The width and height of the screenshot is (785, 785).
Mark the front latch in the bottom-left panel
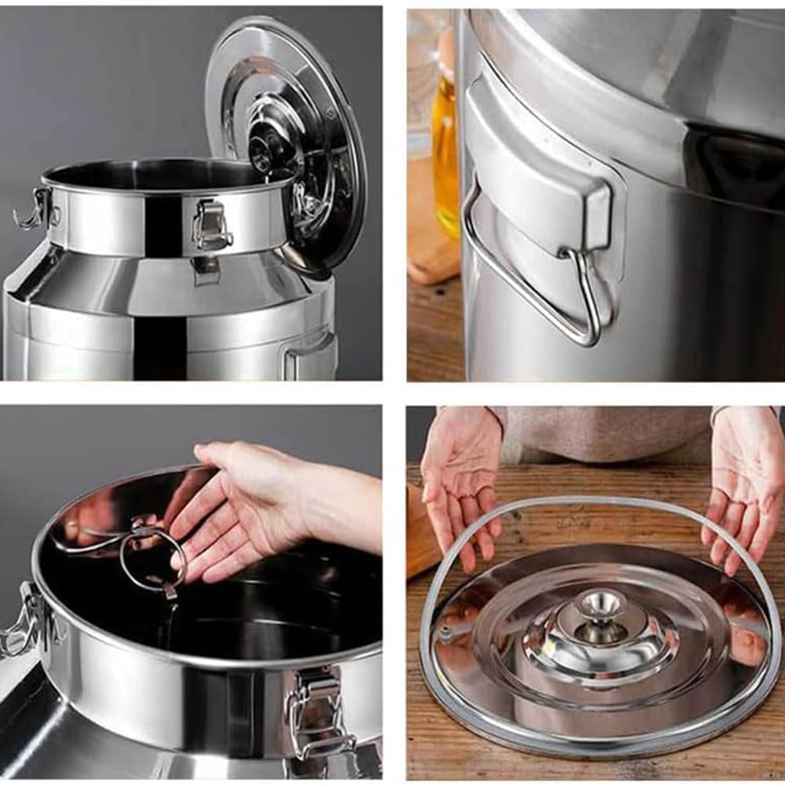click(x=318, y=710)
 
